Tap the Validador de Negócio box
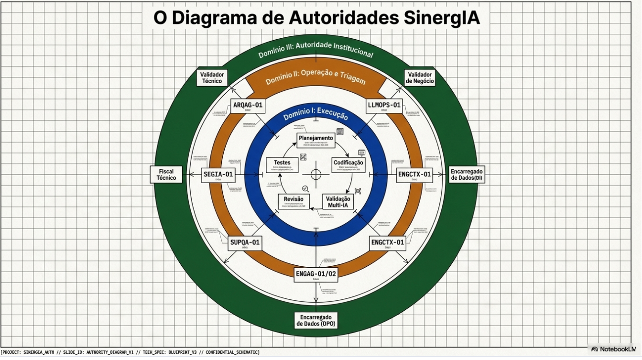(420, 78)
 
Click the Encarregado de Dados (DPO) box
(316, 320)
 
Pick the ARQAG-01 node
(248, 106)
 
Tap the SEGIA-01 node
(218, 175)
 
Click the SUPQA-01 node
(245, 242)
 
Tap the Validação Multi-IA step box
(338, 202)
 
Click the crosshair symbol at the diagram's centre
(316, 174)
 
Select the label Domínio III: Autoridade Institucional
(316, 49)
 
